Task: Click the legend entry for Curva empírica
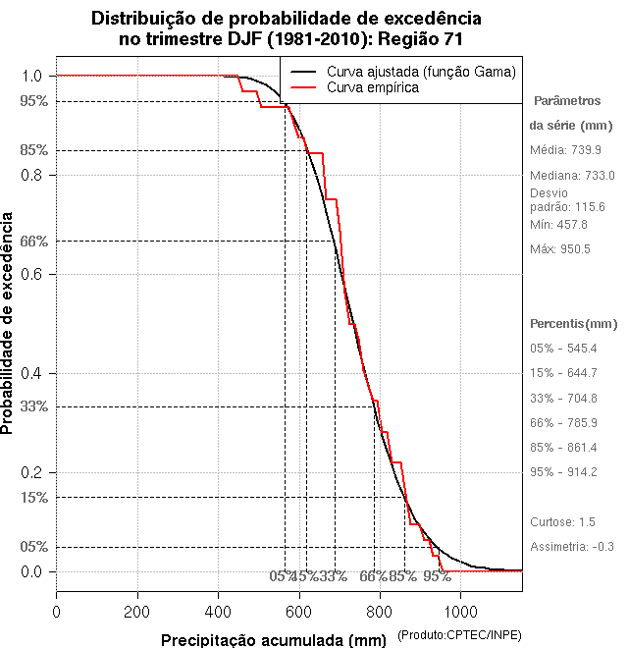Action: tap(372, 87)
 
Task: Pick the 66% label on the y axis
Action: tap(33, 241)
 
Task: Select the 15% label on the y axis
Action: tap(33, 497)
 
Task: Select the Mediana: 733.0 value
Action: tap(572, 175)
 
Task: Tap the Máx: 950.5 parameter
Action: tap(560, 248)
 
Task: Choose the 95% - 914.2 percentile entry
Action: tap(563, 471)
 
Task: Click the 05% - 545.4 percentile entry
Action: tap(563, 349)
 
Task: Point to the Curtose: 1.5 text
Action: tap(562, 521)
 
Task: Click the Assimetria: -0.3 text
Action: tap(572, 546)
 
